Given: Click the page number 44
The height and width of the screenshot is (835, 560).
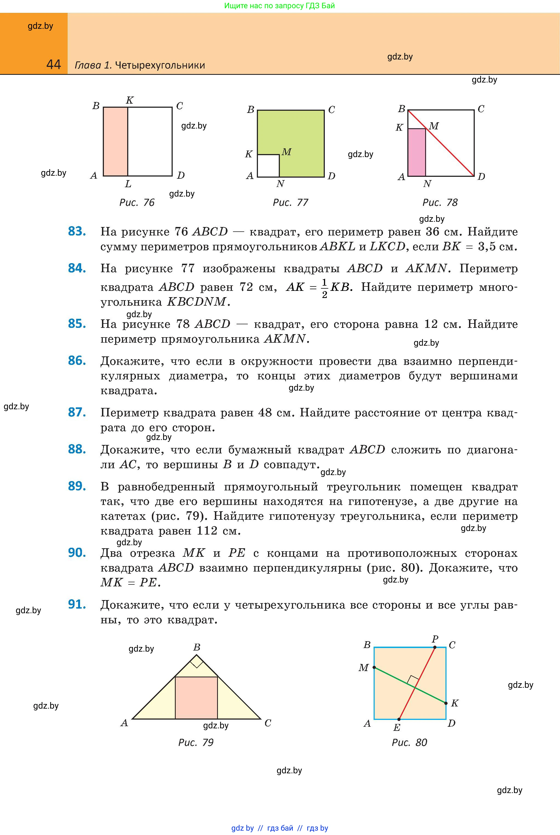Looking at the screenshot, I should click(53, 65).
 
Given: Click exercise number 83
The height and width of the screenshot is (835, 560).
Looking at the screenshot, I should click(77, 231).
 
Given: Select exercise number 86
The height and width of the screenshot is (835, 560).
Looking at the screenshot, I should click(77, 361).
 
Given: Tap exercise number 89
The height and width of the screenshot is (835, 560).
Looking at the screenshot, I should click(77, 486).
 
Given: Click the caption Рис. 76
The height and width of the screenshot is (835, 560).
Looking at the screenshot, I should click(137, 203).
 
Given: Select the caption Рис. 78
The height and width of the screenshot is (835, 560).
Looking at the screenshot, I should click(440, 203).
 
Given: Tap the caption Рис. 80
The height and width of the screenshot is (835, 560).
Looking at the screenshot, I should click(409, 743).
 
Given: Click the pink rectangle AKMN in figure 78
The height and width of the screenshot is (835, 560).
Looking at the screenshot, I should click(416, 152).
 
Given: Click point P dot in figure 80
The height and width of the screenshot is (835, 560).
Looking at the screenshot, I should click(435, 647).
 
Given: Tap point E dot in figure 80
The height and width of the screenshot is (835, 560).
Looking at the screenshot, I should click(399, 719).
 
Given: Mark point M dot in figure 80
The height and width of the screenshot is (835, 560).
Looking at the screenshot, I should click(374, 667).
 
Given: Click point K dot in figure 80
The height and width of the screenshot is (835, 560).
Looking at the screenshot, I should click(446, 703).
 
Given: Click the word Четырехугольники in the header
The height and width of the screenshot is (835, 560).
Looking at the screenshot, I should click(160, 65).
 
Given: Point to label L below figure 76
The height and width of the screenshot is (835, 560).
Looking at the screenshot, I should click(128, 184).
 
